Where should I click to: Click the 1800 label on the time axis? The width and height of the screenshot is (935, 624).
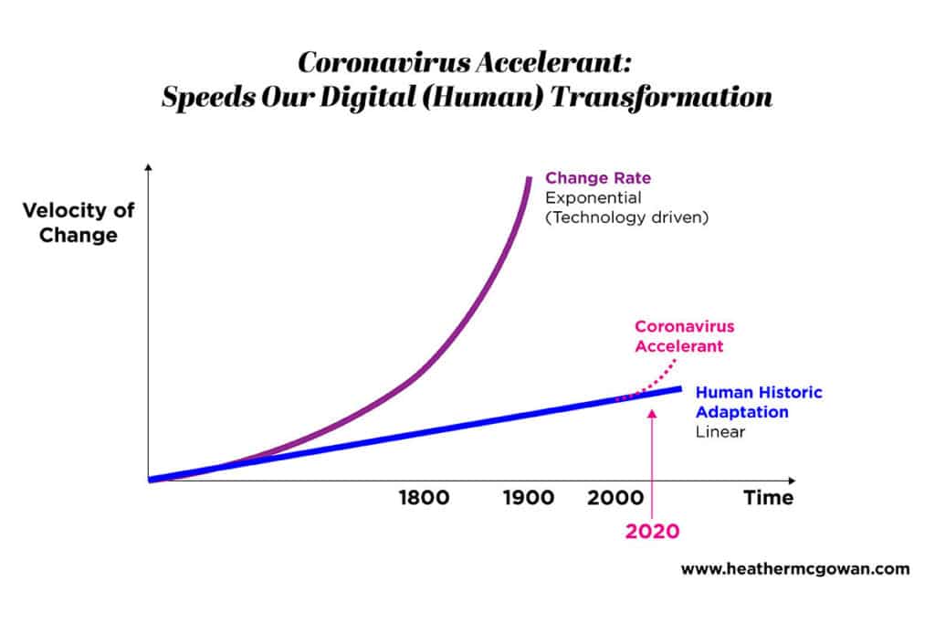click(424, 498)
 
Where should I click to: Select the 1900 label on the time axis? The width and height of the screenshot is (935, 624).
click(528, 498)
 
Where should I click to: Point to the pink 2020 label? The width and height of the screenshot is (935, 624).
click(652, 531)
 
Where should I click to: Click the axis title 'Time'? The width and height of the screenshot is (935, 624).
click(768, 498)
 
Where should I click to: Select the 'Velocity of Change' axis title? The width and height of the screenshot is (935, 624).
click(79, 222)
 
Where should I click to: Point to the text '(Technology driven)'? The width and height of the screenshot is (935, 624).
click(627, 218)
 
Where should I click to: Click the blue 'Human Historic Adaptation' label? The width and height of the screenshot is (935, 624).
click(759, 402)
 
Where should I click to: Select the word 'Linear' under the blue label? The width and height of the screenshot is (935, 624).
click(720, 431)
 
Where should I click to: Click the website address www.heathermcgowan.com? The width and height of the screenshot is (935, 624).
click(795, 568)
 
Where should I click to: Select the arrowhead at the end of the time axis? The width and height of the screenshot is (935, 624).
click(791, 480)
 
